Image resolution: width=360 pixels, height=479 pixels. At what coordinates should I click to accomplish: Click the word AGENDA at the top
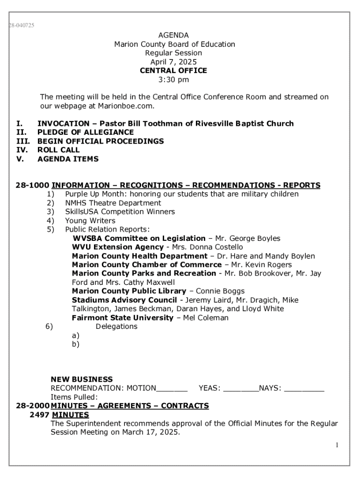(x=173, y=36)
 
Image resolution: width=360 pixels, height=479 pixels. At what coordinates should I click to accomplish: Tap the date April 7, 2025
(x=173, y=62)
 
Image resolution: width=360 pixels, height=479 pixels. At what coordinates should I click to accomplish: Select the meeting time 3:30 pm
(x=173, y=80)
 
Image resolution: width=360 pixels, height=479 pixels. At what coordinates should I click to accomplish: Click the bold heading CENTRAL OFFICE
(x=173, y=71)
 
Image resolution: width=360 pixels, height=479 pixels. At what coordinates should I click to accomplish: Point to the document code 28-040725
(x=21, y=25)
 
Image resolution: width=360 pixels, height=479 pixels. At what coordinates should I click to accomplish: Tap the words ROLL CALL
(x=58, y=150)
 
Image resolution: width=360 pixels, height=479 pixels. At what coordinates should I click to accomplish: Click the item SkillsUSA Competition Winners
(x=120, y=212)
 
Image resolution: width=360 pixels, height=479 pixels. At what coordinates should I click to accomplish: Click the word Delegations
(x=116, y=327)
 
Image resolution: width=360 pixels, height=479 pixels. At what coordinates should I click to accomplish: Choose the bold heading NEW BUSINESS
(x=81, y=379)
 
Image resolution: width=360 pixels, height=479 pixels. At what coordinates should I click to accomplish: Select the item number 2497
(x=39, y=415)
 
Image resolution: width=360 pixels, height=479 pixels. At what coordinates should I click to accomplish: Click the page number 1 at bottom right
(x=336, y=445)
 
